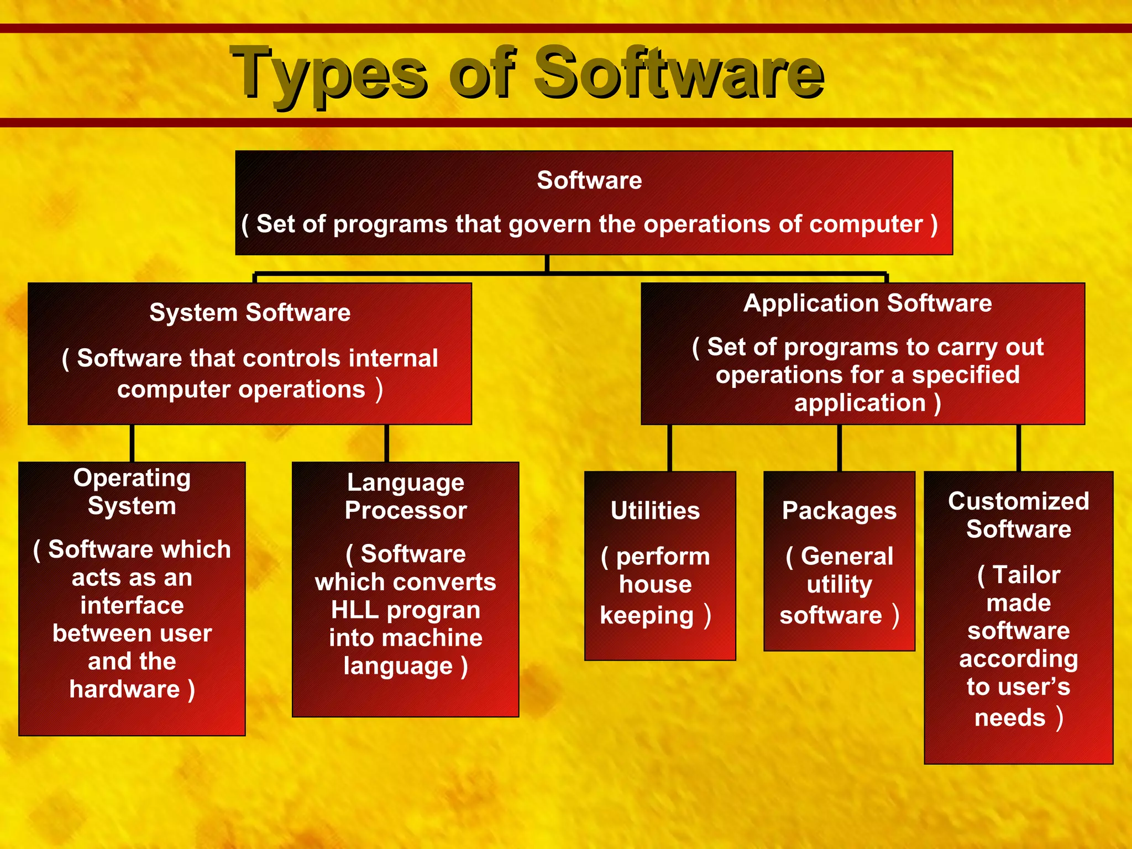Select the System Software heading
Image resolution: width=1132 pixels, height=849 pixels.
click(x=250, y=313)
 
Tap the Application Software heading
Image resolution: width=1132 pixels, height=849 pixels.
click(x=867, y=303)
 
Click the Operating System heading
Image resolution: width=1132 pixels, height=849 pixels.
click(x=132, y=492)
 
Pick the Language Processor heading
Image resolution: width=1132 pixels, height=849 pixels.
click(x=406, y=496)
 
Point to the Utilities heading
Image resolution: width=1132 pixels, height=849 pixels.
click(x=655, y=511)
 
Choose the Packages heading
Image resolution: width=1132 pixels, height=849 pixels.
click(x=839, y=511)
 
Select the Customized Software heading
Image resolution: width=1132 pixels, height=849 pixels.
click(x=1018, y=515)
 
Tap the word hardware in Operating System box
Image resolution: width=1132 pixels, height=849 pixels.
click(x=125, y=689)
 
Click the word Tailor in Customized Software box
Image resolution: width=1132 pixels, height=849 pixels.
click(x=1026, y=575)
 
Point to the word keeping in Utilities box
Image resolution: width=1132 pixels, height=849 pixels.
click(x=647, y=616)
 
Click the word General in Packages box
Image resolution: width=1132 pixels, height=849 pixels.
click(x=847, y=556)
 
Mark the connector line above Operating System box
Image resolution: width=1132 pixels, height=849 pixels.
click(x=132, y=443)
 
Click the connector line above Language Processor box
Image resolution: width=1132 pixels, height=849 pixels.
click(x=386, y=443)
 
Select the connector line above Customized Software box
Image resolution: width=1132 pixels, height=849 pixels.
click(x=1018, y=448)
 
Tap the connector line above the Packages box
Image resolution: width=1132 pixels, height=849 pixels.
click(x=839, y=448)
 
